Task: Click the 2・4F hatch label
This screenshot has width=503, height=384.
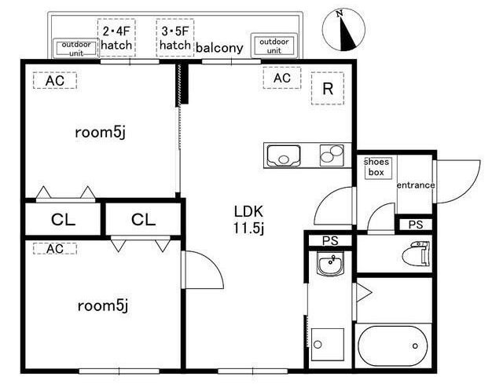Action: pyautogui.click(x=116, y=38)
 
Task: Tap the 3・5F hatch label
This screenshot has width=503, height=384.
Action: pyautogui.click(x=175, y=38)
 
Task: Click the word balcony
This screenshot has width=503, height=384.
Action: pyautogui.click(x=219, y=48)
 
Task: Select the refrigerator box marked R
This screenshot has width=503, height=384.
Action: pyautogui.click(x=328, y=89)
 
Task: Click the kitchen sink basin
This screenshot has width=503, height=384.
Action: pyautogui.click(x=284, y=156)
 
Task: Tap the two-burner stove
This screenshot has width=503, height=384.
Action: pyautogui.click(x=332, y=155)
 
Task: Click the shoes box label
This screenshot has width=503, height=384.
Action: pyautogui.click(x=376, y=167)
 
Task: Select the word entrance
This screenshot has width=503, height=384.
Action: pyautogui.click(x=416, y=185)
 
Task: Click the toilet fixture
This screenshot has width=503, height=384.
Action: pyautogui.click(x=416, y=254)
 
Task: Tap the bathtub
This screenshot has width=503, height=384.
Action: pyautogui.click(x=393, y=346)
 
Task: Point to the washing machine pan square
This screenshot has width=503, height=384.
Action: pyautogui.click(x=328, y=344)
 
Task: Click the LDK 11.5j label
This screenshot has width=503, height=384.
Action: pyautogui.click(x=248, y=220)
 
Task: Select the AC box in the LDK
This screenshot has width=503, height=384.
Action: pyautogui.click(x=282, y=78)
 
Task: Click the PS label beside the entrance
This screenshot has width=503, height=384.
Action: pyautogui.click(x=416, y=225)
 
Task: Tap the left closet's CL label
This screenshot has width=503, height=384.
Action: pyautogui.click(x=63, y=220)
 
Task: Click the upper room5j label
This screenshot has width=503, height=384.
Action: pyautogui.click(x=100, y=133)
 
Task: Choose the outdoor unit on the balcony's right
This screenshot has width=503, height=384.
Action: pyautogui.click(x=274, y=46)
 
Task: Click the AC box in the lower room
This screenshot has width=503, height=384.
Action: pyautogui.click(x=55, y=249)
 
